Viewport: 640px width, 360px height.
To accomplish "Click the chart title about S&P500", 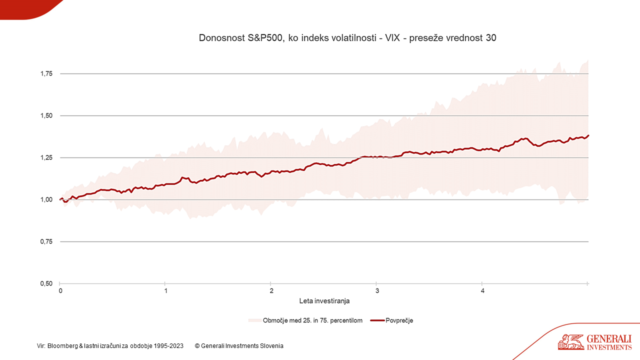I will click(347, 38).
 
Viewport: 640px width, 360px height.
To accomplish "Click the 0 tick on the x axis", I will click(60, 291).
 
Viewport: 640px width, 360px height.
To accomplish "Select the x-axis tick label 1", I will click(165, 291).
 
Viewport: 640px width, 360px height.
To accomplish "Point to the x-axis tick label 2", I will click(271, 291).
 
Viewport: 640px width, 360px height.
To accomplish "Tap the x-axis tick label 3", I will click(377, 291).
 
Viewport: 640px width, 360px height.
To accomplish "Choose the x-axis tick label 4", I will click(482, 291).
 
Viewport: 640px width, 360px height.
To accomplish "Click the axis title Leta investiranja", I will click(324, 301).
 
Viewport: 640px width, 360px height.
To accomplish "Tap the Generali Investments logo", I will click(595, 342).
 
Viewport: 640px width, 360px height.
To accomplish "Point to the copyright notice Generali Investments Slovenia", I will click(239, 345).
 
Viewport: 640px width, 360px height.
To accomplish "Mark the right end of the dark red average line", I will click(588, 135).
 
